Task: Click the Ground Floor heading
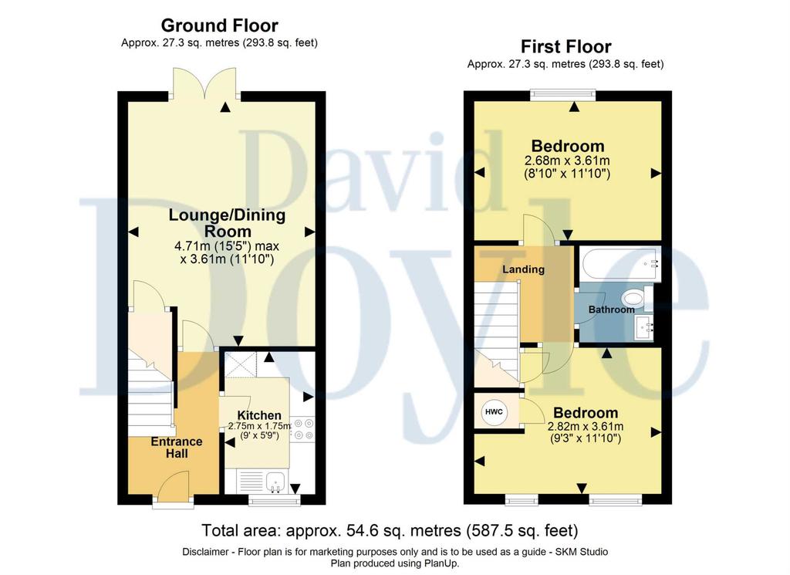pyautogui.click(x=219, y=25)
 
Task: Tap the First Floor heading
pyautogui.click(x=565, y=46)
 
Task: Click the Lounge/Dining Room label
pyautogui.click(x=228, y=223)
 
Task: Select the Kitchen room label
pyautogui.click(x=259, y=415)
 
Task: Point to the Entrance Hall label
pyautogui.click(x=177, y=448)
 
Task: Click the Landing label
pyautogui.click(x=524, y=269)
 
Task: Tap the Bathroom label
pyautogui.click(x=611, y=309)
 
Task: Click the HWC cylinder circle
pyautogui.click(x=494, y=411)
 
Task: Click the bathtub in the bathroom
pyautogui.click(x=620, y=263)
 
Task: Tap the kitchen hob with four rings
pyautogui.click(x=303, y=428)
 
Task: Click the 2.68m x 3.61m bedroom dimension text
pyautogui.click(x=567, y=161)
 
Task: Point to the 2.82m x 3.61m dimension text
pyautogui.click(x=586, y=426)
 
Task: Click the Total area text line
pyautogui.click(x=390, y=530)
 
